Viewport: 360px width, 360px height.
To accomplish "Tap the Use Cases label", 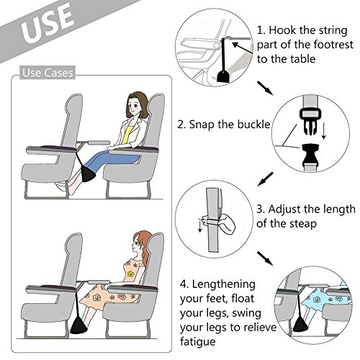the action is click(48, 73).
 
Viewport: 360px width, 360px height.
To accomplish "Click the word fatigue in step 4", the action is click(198, 342).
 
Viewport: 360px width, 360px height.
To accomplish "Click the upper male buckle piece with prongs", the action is click(310, 120).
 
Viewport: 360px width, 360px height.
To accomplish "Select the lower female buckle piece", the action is click(310, 156).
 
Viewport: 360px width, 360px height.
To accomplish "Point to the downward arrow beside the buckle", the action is click(324, 131).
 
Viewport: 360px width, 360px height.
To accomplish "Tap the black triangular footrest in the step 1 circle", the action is click(224, 76).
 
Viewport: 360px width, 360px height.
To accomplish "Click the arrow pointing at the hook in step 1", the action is click(243, 48).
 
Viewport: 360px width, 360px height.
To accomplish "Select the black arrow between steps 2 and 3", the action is click(266, 179).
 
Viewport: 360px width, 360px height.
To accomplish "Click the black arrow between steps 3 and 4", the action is click(265, 258).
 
